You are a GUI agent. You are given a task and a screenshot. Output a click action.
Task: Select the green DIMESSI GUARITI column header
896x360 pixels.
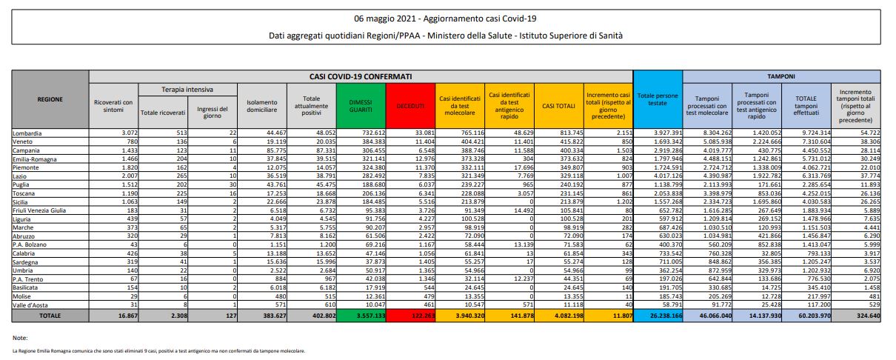[356, 107]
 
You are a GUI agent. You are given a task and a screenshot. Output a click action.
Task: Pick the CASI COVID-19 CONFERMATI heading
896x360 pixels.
[361, 76]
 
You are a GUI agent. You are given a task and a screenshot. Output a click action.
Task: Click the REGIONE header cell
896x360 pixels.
[50, 99]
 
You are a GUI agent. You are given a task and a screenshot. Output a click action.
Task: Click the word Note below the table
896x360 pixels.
[21, 338]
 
